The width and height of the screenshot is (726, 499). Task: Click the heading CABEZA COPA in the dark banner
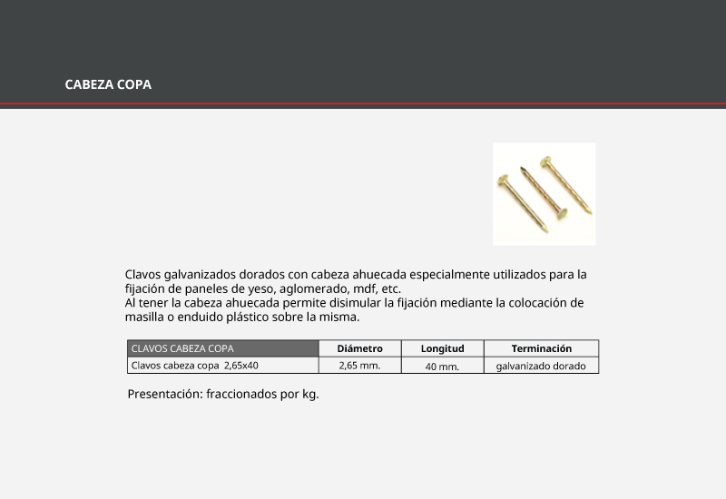click(108, 84)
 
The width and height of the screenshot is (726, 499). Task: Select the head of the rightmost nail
click(546, 162)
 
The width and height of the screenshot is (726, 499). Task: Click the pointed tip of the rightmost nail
click(590, 213)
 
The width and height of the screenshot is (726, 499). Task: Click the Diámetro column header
click(359, 348)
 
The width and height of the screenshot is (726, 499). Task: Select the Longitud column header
click(442, 348)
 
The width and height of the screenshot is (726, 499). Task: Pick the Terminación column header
click(541, 348)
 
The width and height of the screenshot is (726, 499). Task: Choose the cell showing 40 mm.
click(442, 367)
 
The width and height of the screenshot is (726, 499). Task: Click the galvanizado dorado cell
click(541, 367)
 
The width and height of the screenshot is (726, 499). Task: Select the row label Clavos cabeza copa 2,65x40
click(195, 366)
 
